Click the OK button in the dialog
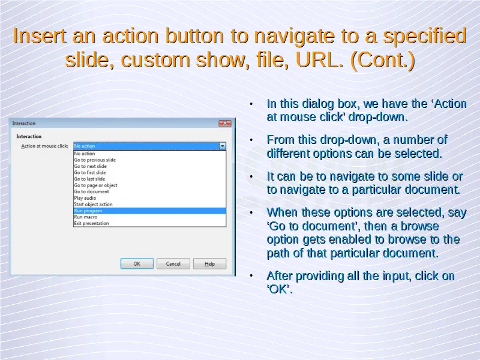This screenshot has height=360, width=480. [137, 263]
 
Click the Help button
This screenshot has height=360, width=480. [209, 263]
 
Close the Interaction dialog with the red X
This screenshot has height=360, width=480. [225, 123]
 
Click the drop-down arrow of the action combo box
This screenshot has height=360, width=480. [223, 146]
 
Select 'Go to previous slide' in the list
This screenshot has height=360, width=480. [95, 160]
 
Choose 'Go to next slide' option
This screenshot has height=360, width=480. [91, 166]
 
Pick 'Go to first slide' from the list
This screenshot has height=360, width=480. [89, 173]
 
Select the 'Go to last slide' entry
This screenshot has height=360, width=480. [89, 179]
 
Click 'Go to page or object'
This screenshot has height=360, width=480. [95, 185]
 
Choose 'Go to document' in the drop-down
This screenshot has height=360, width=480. [92, 191]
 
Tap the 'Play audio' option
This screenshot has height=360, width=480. [85, 198]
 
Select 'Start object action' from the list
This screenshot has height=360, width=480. [93, 204]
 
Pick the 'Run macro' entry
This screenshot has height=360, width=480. [86, 217]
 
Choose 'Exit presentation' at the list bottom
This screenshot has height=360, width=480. [91, 223]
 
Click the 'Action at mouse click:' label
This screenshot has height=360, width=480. [44, 146]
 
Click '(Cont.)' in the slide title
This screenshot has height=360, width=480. [383, 60]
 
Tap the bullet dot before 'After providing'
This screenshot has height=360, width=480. [251, 276]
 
